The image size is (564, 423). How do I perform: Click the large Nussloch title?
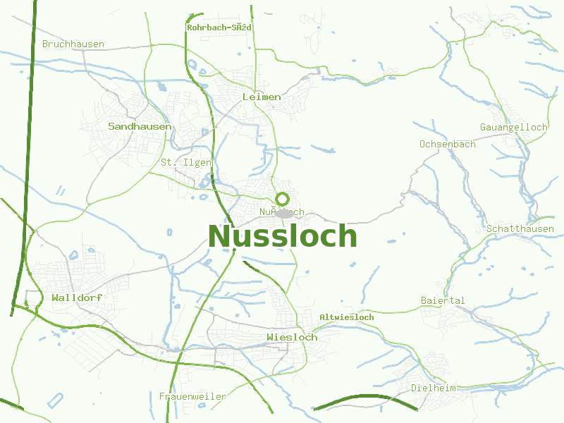282,236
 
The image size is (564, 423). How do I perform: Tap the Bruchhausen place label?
73,44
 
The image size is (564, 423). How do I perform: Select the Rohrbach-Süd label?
219,27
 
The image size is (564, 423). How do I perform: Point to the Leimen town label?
261,97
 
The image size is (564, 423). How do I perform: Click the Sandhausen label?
140,126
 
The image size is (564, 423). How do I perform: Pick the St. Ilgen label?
185,162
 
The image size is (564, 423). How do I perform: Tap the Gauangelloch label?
513,127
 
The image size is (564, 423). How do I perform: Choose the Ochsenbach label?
447,144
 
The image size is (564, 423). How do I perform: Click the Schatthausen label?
520,229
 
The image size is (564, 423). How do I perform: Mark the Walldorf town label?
77,298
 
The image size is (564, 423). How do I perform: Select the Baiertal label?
443,300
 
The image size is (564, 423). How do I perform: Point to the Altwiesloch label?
347,317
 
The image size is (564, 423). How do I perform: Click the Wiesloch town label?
292,337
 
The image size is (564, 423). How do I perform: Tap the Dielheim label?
433,388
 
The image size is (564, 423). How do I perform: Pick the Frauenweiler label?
192,396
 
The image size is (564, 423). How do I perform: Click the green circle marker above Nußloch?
283,199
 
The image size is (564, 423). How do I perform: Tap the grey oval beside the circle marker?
285,213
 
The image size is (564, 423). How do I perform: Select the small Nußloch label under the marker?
281,211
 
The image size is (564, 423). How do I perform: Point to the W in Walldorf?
55,298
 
